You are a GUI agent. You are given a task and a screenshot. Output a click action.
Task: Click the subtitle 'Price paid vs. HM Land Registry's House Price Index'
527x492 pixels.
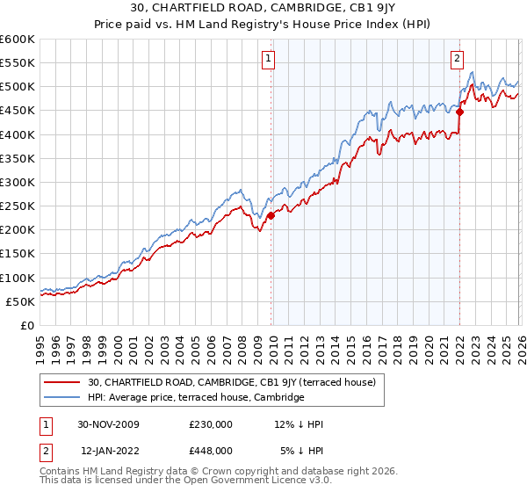(x=263, y=25)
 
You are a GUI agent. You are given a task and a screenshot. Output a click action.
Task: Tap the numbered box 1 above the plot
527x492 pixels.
(x=269, y=60)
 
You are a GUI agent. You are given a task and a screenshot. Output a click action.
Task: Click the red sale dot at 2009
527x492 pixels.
(x=271, y=215)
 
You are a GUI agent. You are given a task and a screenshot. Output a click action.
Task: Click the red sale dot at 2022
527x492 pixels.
(x=459, y=112)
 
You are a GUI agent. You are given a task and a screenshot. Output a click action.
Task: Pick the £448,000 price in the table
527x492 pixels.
(x=211, y=451)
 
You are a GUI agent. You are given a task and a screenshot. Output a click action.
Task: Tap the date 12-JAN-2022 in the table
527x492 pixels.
(x=109, y=451)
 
